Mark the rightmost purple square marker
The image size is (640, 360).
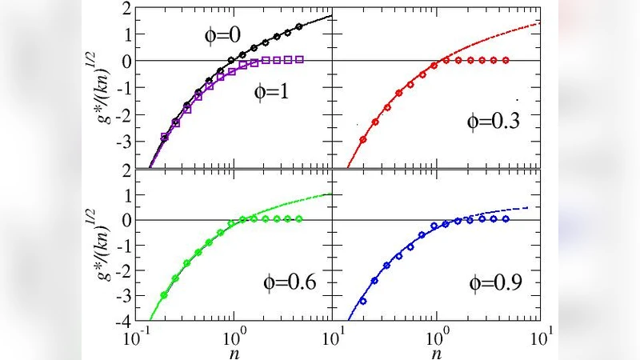(299, 59)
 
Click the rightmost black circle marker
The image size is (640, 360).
(298, 26)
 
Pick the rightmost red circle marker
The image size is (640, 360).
(506, 60)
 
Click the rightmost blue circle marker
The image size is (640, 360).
(506, 218)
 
